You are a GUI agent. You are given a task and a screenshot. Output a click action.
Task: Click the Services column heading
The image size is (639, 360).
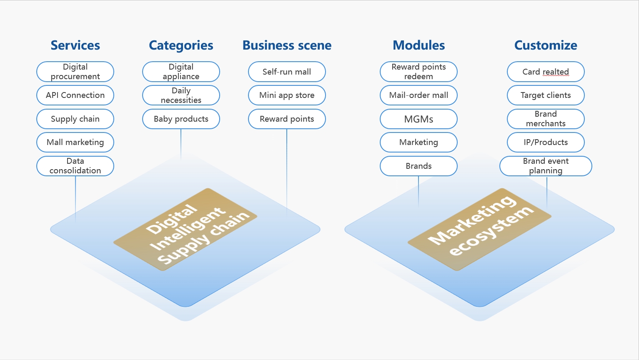[x=75, y=45]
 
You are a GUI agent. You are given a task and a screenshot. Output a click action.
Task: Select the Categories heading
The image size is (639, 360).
[x=181, y=45]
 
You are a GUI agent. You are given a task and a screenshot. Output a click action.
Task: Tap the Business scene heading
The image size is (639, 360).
[x=287, y=45]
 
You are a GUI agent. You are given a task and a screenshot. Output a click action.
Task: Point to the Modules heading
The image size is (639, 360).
[x=418, y=45]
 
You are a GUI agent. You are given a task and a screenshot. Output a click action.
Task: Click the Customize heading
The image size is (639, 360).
[x=546, y=45]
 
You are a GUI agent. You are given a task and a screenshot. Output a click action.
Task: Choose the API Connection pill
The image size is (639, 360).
[x=75, y=95]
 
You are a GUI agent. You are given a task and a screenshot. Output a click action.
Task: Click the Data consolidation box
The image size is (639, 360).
[x=75, y=166]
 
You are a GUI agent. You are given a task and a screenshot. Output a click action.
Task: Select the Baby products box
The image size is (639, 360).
[x=181, y=119]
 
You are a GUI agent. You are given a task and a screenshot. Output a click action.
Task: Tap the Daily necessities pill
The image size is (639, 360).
[x=181, y=95]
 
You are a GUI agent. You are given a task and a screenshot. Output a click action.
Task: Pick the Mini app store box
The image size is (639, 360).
[x=287, y=95]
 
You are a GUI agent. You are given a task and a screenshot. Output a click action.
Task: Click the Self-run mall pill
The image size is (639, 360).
[x=287, y=72]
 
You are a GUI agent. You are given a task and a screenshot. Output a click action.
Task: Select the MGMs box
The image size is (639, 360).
[x=418, y=119]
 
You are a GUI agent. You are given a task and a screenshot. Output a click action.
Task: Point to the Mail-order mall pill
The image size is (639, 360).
[x=418, y=95]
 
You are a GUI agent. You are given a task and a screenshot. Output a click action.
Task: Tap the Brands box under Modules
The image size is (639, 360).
[x=418, y=166]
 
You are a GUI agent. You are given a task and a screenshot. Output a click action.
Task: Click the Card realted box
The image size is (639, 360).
[x=546, y=72]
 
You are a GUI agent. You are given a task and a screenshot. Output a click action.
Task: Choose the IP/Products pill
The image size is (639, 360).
[x=546, y=142]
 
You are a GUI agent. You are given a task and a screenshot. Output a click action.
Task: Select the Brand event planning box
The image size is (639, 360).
[x=546, y=166]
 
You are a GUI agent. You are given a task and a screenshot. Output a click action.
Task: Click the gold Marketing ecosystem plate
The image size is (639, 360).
[x=480, y=229]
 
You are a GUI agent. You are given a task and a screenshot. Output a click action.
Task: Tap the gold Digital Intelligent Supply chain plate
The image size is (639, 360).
[x=185, y=229]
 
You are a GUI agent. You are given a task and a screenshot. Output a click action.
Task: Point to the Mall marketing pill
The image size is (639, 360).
[x=75, y=142]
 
